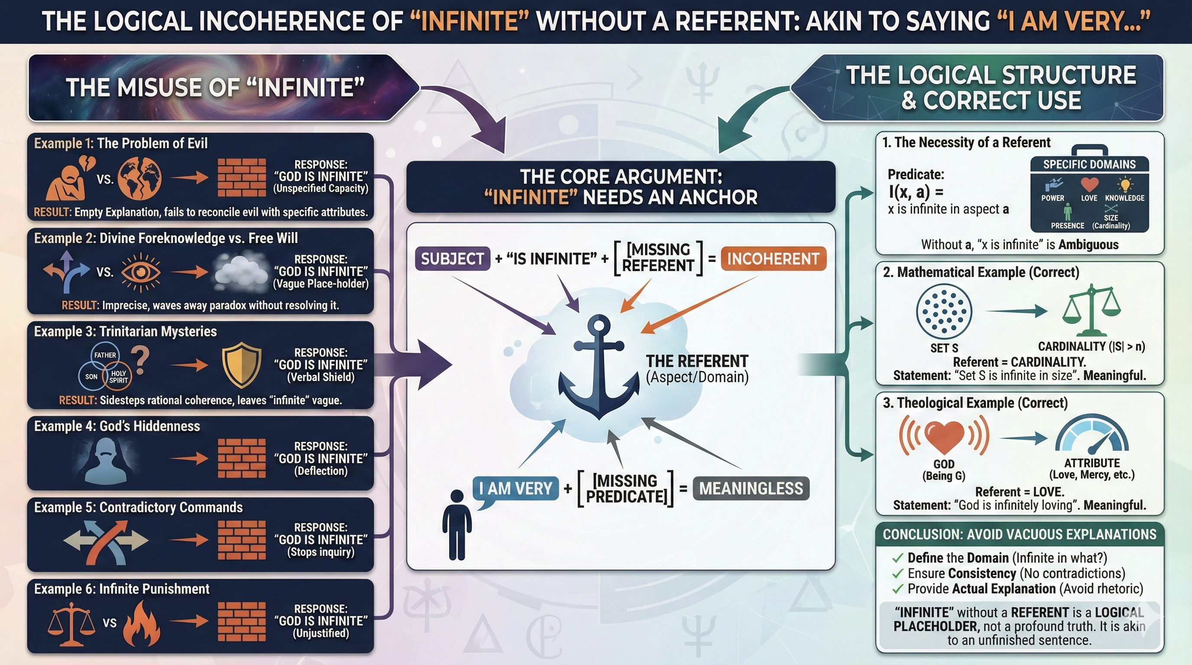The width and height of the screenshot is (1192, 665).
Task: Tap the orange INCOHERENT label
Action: coord(773,259)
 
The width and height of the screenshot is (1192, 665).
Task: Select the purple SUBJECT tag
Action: coord(452,259)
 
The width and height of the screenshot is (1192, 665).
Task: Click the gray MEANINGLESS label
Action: coord(751,488)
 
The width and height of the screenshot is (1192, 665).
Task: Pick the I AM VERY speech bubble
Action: coord(515,489)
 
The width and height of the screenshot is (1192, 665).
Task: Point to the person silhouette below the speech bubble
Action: coord(457,525)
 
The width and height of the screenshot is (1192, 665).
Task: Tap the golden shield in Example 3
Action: coord(242,365)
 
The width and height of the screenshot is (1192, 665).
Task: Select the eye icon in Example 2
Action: coord(141,272)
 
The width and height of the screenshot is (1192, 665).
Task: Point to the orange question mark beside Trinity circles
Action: coord(141,360)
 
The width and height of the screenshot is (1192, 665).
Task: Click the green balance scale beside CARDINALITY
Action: coord(1092,311)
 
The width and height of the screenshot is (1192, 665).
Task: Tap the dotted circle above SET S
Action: coord(944,311)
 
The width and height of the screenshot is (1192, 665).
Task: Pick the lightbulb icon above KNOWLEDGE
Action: coord(1125,185)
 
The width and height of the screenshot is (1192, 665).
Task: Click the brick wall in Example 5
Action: coord(242,540)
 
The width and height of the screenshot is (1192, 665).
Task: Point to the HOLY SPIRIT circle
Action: coord(118,376)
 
